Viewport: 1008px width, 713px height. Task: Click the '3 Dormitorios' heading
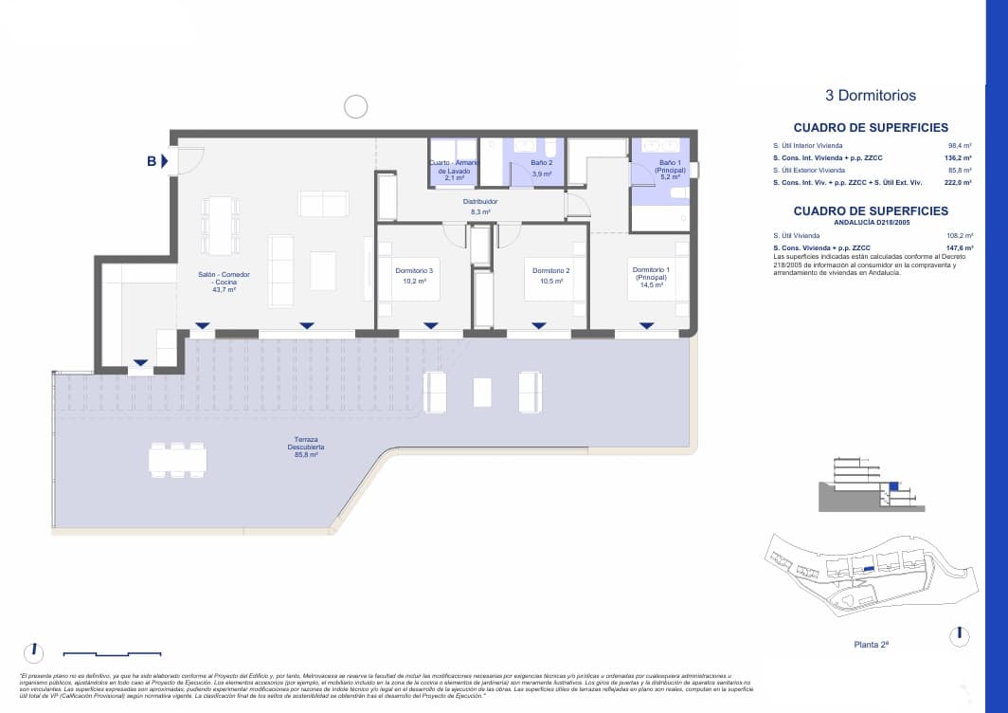point(871,96)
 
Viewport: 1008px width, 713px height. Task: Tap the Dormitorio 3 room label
point(414,275)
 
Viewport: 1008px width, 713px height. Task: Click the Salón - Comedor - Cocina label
point(225,282)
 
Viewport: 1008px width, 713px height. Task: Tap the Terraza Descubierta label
point(305,450)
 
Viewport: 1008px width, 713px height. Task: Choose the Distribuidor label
point(480,206)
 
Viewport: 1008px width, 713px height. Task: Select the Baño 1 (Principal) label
point(670,169)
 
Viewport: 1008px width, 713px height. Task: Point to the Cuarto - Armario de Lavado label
point(455,170)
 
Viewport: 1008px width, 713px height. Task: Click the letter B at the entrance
point(151,161)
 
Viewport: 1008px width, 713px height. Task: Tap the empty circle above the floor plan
point(355,107)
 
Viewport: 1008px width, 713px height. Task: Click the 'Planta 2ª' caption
point(871,644)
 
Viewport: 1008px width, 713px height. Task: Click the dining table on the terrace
point(177,460)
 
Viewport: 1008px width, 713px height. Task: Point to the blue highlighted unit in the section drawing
point(892,487)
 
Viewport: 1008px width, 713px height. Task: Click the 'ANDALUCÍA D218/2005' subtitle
point(870,223)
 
